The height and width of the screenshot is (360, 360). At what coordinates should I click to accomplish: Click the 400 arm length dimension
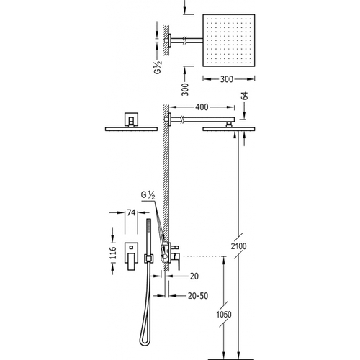[x=202, y=107]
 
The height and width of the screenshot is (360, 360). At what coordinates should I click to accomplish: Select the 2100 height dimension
[x=238, y=246]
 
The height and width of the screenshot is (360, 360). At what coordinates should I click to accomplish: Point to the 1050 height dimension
[x=224, y=314]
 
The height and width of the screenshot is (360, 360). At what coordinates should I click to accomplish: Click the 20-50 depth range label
[x=198, y=296]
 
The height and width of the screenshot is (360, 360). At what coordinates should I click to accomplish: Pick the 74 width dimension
[x=131, y=212]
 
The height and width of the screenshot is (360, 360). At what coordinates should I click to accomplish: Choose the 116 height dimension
[x=113, y=253]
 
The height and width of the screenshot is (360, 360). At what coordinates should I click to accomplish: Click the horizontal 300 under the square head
[x=227, y=79]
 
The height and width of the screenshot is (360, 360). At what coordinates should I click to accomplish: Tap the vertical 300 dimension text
[x=185, y=89]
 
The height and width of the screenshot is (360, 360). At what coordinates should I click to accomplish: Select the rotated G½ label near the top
[x=158, y=68]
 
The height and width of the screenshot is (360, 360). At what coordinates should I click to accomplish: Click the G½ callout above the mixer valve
[x=148, y=195]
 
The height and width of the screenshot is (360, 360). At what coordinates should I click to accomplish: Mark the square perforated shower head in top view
[x=229, y=40]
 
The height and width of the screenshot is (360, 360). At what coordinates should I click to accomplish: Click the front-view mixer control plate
[x=131, y=256]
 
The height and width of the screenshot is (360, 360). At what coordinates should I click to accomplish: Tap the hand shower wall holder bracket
[x=148, y=258]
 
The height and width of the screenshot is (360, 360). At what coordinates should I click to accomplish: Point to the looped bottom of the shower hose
[x=144, y=341]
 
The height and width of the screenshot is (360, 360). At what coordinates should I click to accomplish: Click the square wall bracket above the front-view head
[x=131, y=119]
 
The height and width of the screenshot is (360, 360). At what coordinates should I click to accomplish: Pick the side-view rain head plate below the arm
[x=229, y=129]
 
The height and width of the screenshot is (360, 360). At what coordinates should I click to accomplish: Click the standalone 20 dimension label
[x=194, y=276]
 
